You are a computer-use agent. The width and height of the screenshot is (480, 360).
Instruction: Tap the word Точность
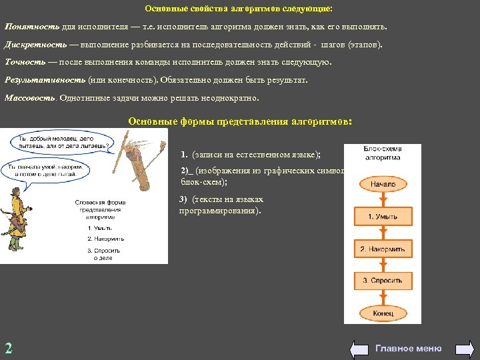tap(25, 62)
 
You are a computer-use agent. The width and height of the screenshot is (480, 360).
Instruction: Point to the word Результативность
tap(45, 80)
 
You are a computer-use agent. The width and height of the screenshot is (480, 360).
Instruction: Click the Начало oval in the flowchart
tap(383, 184)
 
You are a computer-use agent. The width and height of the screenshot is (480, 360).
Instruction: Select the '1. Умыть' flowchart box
tap(383, 217)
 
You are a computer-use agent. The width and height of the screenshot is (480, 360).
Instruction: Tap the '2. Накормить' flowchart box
tap(383, 249)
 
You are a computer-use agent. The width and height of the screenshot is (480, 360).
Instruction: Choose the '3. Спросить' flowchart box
tap(383, 281)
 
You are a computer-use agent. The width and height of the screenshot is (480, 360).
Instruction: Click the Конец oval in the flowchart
tap(383, 311)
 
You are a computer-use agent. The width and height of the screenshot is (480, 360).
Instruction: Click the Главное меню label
tap(409, 348)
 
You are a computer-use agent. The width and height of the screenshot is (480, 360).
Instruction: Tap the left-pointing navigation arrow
tap(359, 348)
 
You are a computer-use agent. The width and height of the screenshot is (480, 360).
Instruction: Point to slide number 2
tap(9, 347)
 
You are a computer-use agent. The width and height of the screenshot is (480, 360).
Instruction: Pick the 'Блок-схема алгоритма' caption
tap(383, 153)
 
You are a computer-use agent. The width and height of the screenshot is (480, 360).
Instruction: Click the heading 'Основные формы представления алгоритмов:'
tap(239, 122)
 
